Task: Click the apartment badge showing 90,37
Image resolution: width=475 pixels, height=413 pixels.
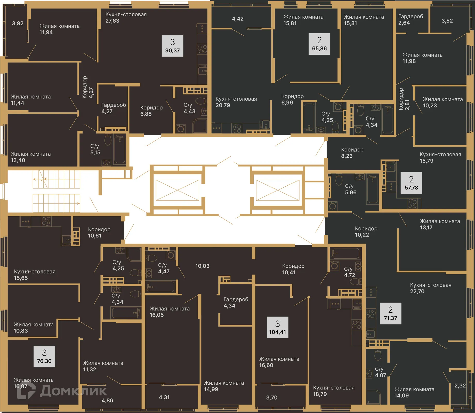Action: (172, 46)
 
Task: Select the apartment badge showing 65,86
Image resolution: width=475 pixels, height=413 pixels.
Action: (319, 44)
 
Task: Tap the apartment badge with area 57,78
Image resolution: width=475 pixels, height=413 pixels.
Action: (411, 183)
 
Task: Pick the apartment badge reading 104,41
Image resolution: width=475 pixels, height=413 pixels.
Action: (277, 327)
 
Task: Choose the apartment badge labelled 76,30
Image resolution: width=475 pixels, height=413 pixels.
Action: (44, 356)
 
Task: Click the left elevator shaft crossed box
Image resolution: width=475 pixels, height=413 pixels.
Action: (177, 190)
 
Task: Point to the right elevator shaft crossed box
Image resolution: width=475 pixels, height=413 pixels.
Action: (278, 190)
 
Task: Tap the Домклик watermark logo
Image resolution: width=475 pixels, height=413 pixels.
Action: (62, 391)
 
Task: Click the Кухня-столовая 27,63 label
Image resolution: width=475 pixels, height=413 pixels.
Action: (126, 18)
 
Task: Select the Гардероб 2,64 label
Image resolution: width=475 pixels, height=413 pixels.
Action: (410, 19)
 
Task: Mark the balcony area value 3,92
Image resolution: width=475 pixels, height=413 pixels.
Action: (18, 23)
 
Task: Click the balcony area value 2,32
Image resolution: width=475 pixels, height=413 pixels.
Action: (460, 386)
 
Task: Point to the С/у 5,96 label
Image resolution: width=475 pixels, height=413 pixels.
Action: (350, 189)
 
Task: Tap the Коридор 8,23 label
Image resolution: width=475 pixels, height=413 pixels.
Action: (352, 153)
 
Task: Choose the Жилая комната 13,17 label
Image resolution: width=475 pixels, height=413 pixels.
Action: (440, 224)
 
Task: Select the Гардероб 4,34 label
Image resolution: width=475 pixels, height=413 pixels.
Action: (236, 302)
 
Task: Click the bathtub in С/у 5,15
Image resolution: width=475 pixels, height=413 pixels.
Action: (119, 150)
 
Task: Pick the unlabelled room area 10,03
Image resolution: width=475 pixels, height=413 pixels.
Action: (202, 266)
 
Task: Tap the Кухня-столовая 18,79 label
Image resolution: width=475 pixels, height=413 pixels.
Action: (333, 391)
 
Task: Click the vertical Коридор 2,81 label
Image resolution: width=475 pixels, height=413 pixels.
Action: (404, 99)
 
